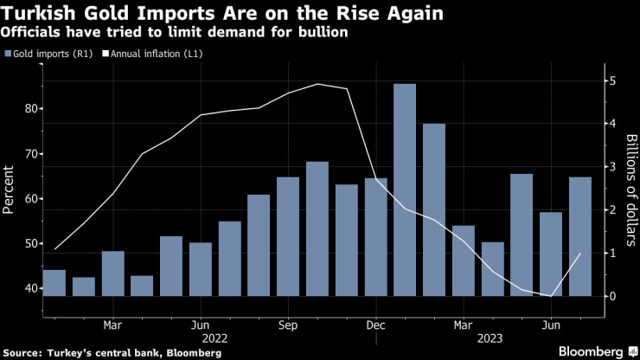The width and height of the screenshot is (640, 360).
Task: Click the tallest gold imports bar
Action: pyautogui.click(x=404, y=190)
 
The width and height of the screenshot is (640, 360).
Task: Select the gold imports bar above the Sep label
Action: pyautogui.click(x=287, y=236)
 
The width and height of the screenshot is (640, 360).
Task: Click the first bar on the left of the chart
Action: pyautogui.click(x=54, y=283)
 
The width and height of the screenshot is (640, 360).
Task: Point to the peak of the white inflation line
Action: pyautogui.click(x=317, y=84)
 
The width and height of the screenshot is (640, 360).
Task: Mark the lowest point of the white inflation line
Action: pyautogui.click(x=551, y=296)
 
